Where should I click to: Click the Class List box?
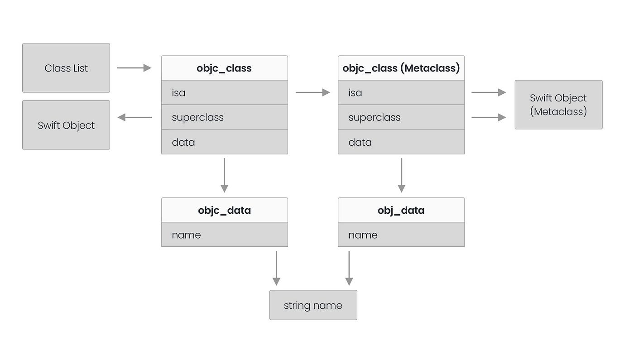pos(66,68)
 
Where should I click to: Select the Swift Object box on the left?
pos(66,125)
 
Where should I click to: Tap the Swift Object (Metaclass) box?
pos(558,105)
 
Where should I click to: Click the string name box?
pos(313,305)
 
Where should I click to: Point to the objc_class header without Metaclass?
pos(224,68)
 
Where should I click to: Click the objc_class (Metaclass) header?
pos(401,68)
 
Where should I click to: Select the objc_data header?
pos(224,210)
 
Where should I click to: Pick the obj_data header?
pos(401,210)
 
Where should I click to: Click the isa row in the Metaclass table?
pos(401,92)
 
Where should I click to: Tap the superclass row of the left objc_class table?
pos(224,117)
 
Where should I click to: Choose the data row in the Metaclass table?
pos(401,142)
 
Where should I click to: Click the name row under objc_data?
pos(224,235)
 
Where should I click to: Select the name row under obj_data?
pos(401,235)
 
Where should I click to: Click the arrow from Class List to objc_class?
pos(134,68)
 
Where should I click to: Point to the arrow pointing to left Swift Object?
pos(134,117)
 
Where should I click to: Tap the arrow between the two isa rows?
pos(312,92)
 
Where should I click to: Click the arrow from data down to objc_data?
pos(224,175)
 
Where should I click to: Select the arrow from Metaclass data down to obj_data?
pos(401,175)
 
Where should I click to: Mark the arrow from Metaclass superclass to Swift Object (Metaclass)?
pos(489,117)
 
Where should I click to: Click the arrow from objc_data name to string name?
pos(276,268)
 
